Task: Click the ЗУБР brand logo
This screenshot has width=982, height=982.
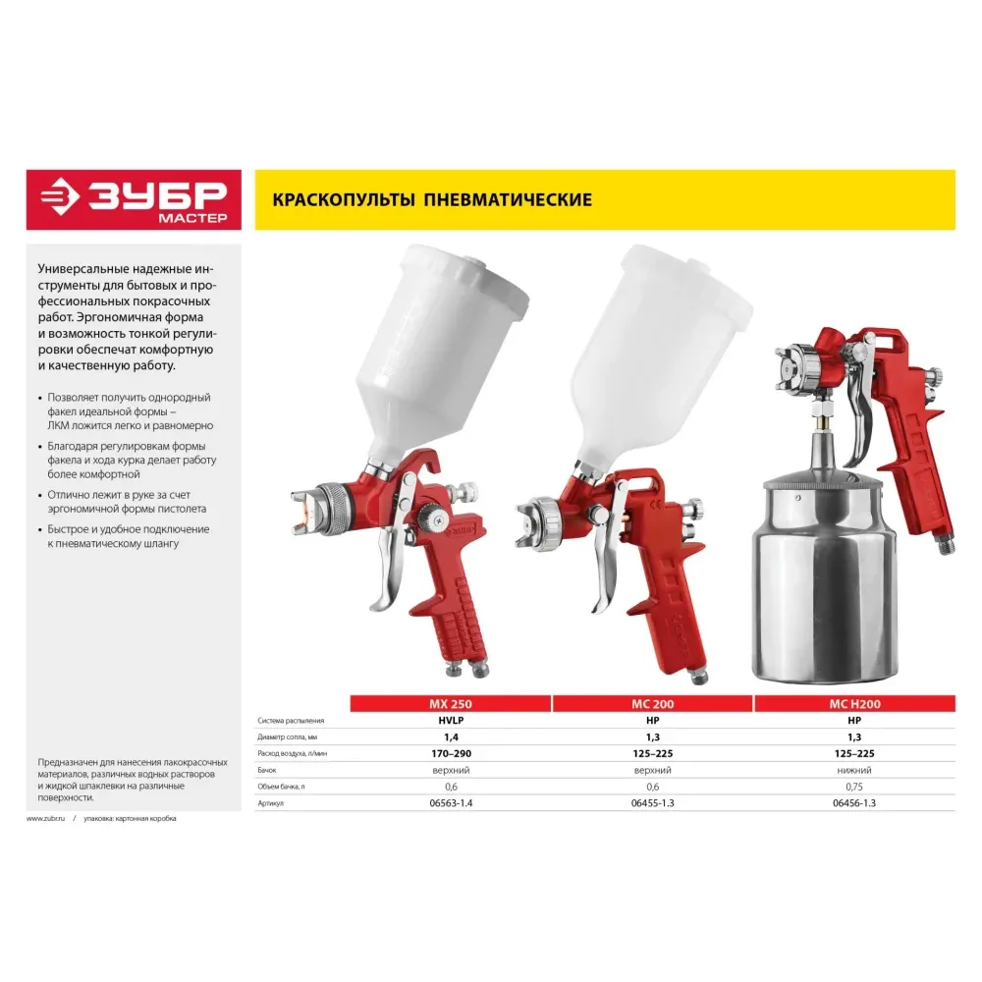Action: [x=134, y=199]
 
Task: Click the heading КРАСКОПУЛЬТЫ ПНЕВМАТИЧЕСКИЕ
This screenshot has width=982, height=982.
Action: [x=432, y=199]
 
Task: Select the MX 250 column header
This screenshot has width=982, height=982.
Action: [x=451, y=704]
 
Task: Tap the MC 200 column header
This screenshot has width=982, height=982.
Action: [x=653, y=704]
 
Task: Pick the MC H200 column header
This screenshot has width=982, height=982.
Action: [x=855, y=704]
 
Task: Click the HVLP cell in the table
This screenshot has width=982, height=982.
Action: [x=451, y=721]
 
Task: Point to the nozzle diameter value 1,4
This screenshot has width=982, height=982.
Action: [x=451, y=737]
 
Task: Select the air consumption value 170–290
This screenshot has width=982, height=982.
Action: [x=451, y=753]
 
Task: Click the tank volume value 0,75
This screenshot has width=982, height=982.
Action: [x=854, y=787]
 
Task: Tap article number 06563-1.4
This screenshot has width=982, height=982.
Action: [x=451, y=803]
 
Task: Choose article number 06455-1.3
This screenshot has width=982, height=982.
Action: [x=653, y=803]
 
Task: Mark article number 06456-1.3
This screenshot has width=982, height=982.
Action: [x=854, y=803]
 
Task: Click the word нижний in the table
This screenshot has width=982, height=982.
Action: [x=854, y=770]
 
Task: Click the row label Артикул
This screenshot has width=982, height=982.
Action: [x=271, y=803]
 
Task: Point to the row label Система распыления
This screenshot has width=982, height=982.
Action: [x=291, y=721]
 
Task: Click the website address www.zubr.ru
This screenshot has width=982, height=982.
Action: [x=46, y=819]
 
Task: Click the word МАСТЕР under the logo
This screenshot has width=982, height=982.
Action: [x=192, y=218]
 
